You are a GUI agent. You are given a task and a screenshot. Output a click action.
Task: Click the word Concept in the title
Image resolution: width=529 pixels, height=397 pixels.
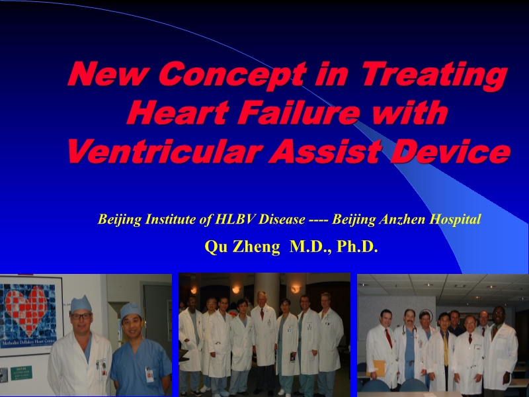233,75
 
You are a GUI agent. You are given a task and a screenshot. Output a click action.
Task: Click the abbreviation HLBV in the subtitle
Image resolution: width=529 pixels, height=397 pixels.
235,220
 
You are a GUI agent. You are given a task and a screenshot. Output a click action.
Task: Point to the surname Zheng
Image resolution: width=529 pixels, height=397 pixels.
256,247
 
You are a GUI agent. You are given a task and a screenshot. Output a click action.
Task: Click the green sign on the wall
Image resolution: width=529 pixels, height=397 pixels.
21,373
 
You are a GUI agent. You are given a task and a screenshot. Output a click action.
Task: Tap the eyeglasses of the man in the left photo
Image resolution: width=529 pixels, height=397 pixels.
81,316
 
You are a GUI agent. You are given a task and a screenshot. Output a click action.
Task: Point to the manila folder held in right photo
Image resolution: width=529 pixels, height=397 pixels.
376,368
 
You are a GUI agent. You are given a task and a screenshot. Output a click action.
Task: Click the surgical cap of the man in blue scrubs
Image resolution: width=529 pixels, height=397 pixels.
130,310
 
